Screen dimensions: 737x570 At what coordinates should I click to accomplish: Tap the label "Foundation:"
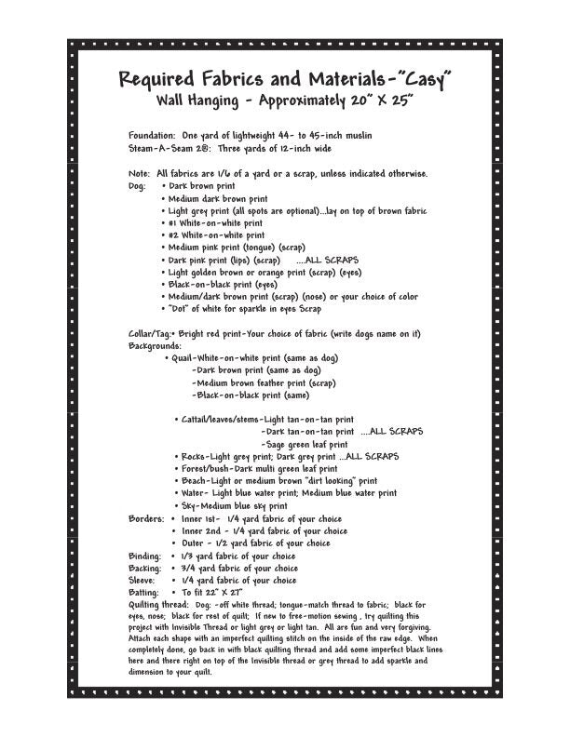[x=152, y=136]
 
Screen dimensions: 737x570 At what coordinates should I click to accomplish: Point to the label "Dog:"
[x=137, y=186]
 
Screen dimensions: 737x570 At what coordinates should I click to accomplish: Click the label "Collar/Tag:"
[x=149, y=334]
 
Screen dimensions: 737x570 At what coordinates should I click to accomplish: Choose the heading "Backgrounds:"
[x=155, y=345]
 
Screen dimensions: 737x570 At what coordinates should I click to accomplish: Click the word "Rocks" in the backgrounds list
[x=193, y=456]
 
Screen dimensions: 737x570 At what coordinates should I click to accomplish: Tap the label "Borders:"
[x=147, y=517]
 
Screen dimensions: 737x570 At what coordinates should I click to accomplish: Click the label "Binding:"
[x=145, y=556]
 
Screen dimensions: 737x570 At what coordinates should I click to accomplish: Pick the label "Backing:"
[x=145, y=568]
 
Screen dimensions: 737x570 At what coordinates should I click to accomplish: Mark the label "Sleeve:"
[x=143, y=580]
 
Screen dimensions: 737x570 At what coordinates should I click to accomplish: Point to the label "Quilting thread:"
[x=158, y=604]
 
